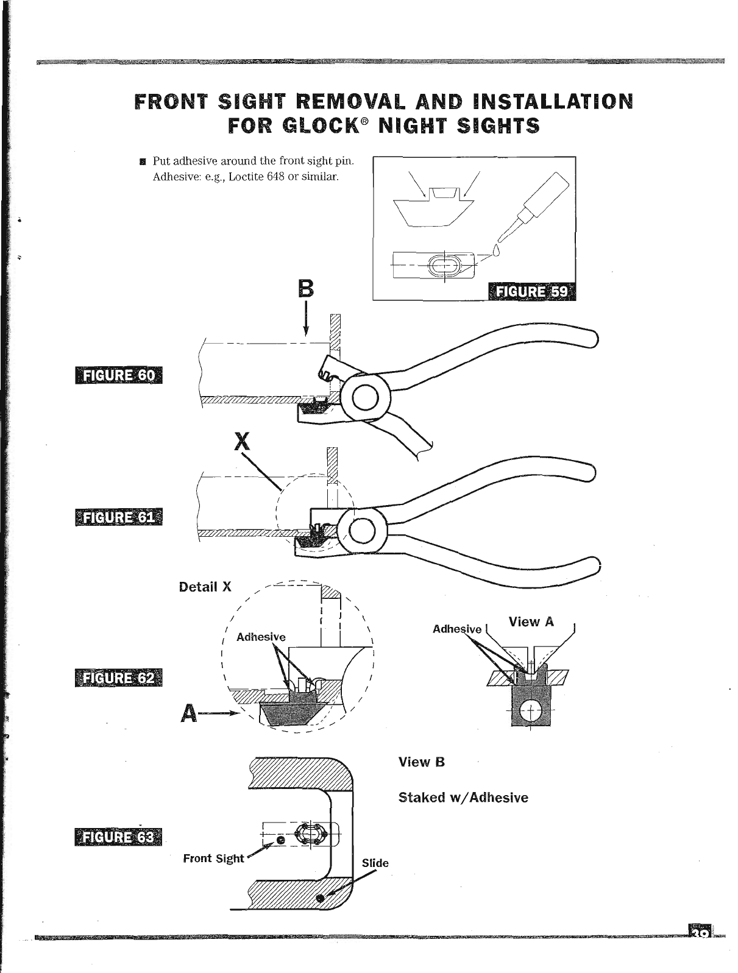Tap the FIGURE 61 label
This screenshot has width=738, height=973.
[x=118, y=518]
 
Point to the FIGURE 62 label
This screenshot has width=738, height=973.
[x=118, y=678]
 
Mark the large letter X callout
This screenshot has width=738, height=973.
[x=243, y=441]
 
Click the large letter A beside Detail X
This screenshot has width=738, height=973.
[x=190, y=713]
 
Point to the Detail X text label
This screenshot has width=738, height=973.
[x=205, y=587]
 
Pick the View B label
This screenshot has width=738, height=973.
[x=422, y=762]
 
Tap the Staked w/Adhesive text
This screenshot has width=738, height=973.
[x=463, y=798]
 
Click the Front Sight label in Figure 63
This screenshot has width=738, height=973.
[x=213, y=858]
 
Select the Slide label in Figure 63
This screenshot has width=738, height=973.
[x=375, y=863]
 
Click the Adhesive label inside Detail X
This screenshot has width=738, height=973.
[x=261, y=637]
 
